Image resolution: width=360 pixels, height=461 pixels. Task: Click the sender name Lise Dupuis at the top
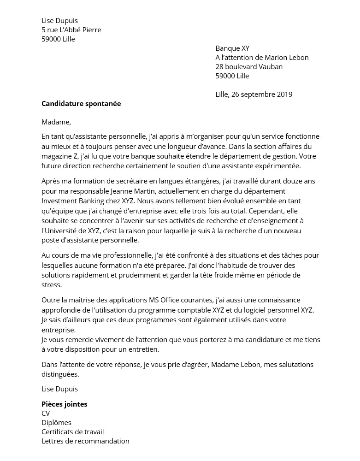59,21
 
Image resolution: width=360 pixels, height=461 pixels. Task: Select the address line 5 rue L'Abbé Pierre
71,30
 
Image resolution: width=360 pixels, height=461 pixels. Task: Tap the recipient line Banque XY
232,48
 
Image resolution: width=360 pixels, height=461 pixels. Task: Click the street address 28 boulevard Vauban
249,67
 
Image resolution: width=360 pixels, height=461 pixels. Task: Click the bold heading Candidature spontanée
81,104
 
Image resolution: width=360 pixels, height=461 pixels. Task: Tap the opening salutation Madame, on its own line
56,122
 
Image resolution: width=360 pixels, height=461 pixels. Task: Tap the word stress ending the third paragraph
51,285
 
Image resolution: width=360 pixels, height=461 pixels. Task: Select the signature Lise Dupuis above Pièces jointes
59,389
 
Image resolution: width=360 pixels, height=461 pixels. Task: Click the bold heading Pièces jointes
64,404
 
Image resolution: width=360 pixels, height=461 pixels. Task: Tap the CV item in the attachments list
46,414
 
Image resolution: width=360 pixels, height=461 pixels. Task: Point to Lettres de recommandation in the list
85,441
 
